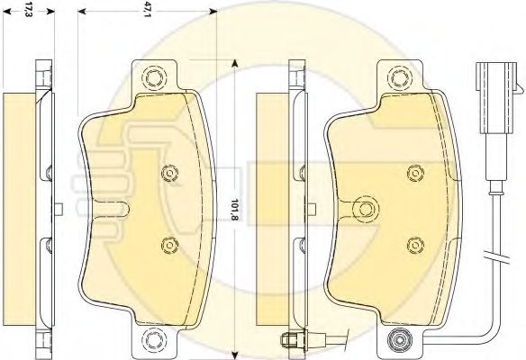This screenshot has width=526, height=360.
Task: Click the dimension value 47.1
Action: (147, 12)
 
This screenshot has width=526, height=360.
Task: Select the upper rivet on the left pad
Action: (168, 174)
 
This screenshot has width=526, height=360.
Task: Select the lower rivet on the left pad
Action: (168, 240)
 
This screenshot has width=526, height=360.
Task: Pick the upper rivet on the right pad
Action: (413, 173)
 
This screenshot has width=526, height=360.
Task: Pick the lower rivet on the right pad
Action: (413, 241)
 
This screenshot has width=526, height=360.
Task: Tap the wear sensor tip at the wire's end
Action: (291, 339)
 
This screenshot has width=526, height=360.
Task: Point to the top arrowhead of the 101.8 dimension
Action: (234, 63)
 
